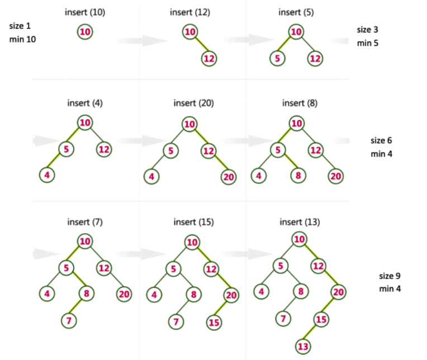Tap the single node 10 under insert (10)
(84, 32)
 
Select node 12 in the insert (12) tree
(209, 58)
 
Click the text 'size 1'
(20, 27)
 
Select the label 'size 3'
(368, 30)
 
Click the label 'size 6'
(382, 140)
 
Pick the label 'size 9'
(390, 276)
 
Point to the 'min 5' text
(368, 42)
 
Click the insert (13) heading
(300, 222)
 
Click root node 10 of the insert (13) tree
(300, 240)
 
